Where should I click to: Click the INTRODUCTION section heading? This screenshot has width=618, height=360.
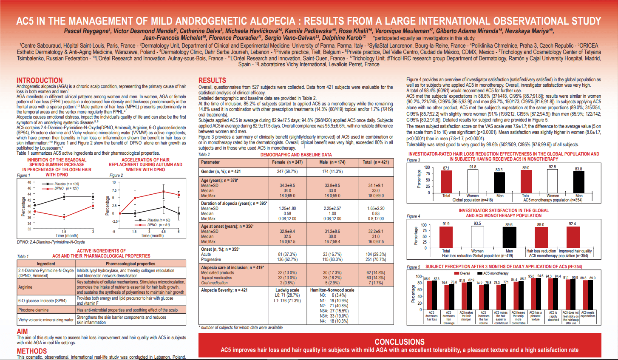[x=40, y=80]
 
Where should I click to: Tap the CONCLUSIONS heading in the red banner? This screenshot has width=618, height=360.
[x=399, y=342]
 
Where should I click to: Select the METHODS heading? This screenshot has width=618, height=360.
[x=32, y=351]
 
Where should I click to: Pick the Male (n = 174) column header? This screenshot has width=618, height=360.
[x=332, y=162]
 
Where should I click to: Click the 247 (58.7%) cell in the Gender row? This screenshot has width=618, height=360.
[x=287, y=171]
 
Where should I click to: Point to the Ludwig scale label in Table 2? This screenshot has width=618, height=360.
[x=287, y=290]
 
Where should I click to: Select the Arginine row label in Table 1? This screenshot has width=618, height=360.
[x=26, y=287]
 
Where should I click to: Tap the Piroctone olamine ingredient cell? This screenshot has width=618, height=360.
[x=34, y=310]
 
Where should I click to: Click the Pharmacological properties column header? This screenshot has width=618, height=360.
[x=130, y=264]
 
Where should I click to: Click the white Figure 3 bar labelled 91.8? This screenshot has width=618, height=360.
[x=473, y=181]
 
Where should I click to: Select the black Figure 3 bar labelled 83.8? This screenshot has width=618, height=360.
[x=578, y=182]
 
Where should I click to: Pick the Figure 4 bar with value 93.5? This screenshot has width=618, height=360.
[x=477, y=237]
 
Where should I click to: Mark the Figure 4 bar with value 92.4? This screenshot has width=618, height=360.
[x=573, y=237]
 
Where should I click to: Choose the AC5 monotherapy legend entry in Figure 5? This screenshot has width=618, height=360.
[x=496, y=273]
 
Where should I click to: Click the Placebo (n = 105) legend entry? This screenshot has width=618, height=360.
[x=66, y=184]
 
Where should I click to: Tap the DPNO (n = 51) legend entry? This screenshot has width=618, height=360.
[x=158, y=225]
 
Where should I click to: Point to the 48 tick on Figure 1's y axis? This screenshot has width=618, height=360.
[x=29, y=182]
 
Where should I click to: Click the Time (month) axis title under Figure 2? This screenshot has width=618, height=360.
[x=152, y=235]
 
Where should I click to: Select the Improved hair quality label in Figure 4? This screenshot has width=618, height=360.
[x=575, y=251]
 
